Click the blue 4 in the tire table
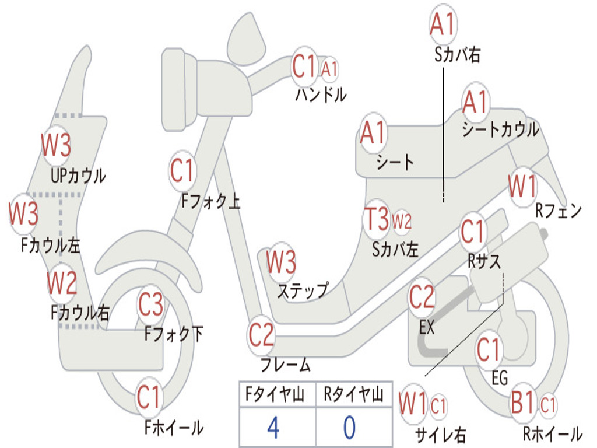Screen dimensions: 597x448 (273, 428)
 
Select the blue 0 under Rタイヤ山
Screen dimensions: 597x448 (350, 428)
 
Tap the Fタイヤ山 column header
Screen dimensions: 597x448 (275, 394)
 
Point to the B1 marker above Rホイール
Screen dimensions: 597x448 (523, 402)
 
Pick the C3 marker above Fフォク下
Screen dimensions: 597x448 (151, 304)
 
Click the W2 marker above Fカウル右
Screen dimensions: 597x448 (61, 283)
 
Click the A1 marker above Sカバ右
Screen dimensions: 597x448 (443, 23)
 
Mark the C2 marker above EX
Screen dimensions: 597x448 (422, 297)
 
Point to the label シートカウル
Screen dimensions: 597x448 (500, 129)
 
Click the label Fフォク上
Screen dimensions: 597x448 (210, 201)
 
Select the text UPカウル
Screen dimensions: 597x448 (79, 176)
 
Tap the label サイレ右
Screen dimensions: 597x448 (441, 435)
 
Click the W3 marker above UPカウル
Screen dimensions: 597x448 (56, 145)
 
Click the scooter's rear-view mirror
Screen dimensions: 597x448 (247, 37)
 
